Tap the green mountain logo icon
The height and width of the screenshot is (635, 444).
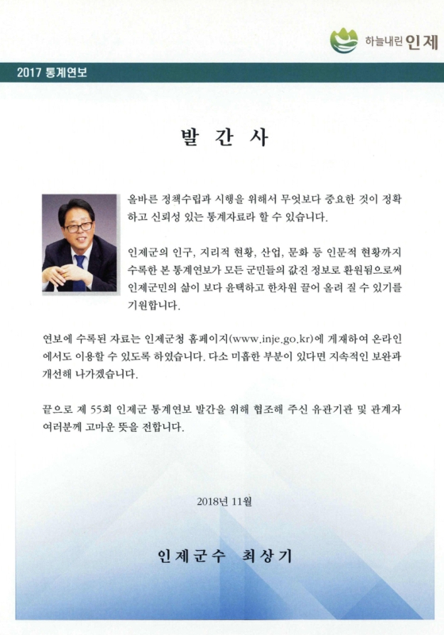pos(344,38)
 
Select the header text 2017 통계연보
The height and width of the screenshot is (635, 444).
pos(52,73)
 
